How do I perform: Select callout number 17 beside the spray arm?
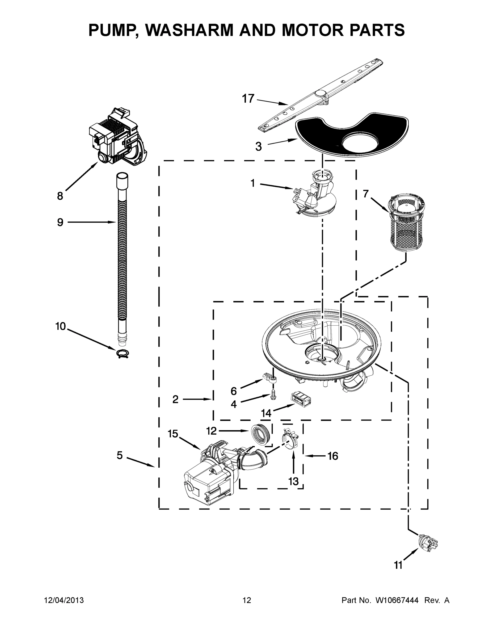(x=248, y=99)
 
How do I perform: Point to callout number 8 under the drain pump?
(x=60, y=196)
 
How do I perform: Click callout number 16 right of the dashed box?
(x=333, y=456)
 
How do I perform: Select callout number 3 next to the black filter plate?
(x=259, y=147)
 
